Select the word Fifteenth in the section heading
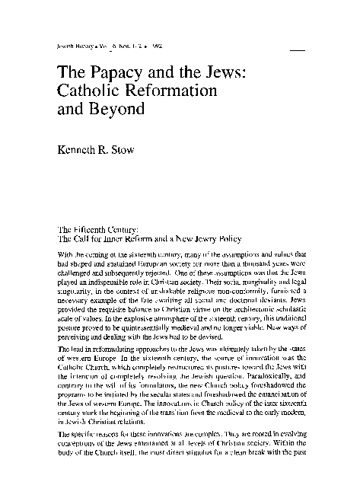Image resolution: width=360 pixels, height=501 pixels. tap(95, 227)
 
